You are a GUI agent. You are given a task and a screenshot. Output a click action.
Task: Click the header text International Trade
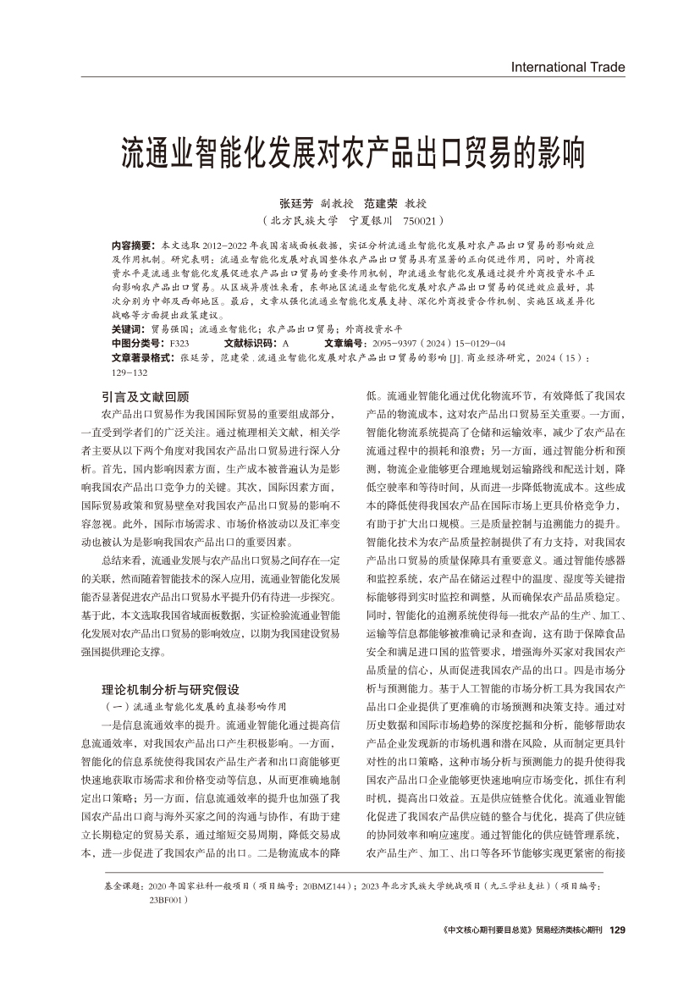[x=568, y=67]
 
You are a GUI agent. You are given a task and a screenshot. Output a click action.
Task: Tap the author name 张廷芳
[x=296, y=203]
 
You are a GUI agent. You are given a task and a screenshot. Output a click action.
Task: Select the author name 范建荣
[x=380, y=203]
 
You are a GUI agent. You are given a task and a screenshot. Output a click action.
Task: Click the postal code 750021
[x=416, y=220]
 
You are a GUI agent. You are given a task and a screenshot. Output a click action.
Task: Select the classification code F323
[x=179, y=344]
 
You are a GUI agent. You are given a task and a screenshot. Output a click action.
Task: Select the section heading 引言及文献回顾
[x=146, y=396]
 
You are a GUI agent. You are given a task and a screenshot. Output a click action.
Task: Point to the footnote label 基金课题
[x=123, y=885]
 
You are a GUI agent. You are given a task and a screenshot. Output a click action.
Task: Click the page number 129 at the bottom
[x=617, y=930]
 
